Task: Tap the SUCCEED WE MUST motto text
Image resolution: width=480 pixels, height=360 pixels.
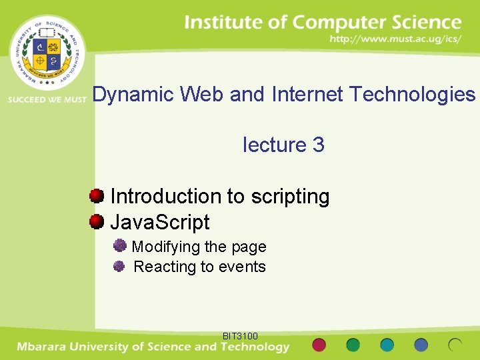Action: [47, 99]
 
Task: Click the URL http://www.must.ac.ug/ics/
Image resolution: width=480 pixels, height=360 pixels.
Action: [395, 40]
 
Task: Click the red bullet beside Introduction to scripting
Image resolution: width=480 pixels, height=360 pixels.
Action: [97, 196]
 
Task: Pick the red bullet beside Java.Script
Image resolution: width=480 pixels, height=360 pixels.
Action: [97, 221]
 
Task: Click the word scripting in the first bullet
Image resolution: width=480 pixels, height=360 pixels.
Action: [290, 197]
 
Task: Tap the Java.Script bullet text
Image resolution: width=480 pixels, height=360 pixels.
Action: [160, 222]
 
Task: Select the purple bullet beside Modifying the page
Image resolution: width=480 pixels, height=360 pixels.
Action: [120, 246]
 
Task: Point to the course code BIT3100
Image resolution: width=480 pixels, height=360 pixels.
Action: [240, 336]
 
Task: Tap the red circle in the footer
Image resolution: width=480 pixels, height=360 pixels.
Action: [319, 345]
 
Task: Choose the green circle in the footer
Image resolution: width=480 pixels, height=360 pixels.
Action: [353, 345]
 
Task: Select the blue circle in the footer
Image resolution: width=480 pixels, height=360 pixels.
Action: [421, 345]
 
